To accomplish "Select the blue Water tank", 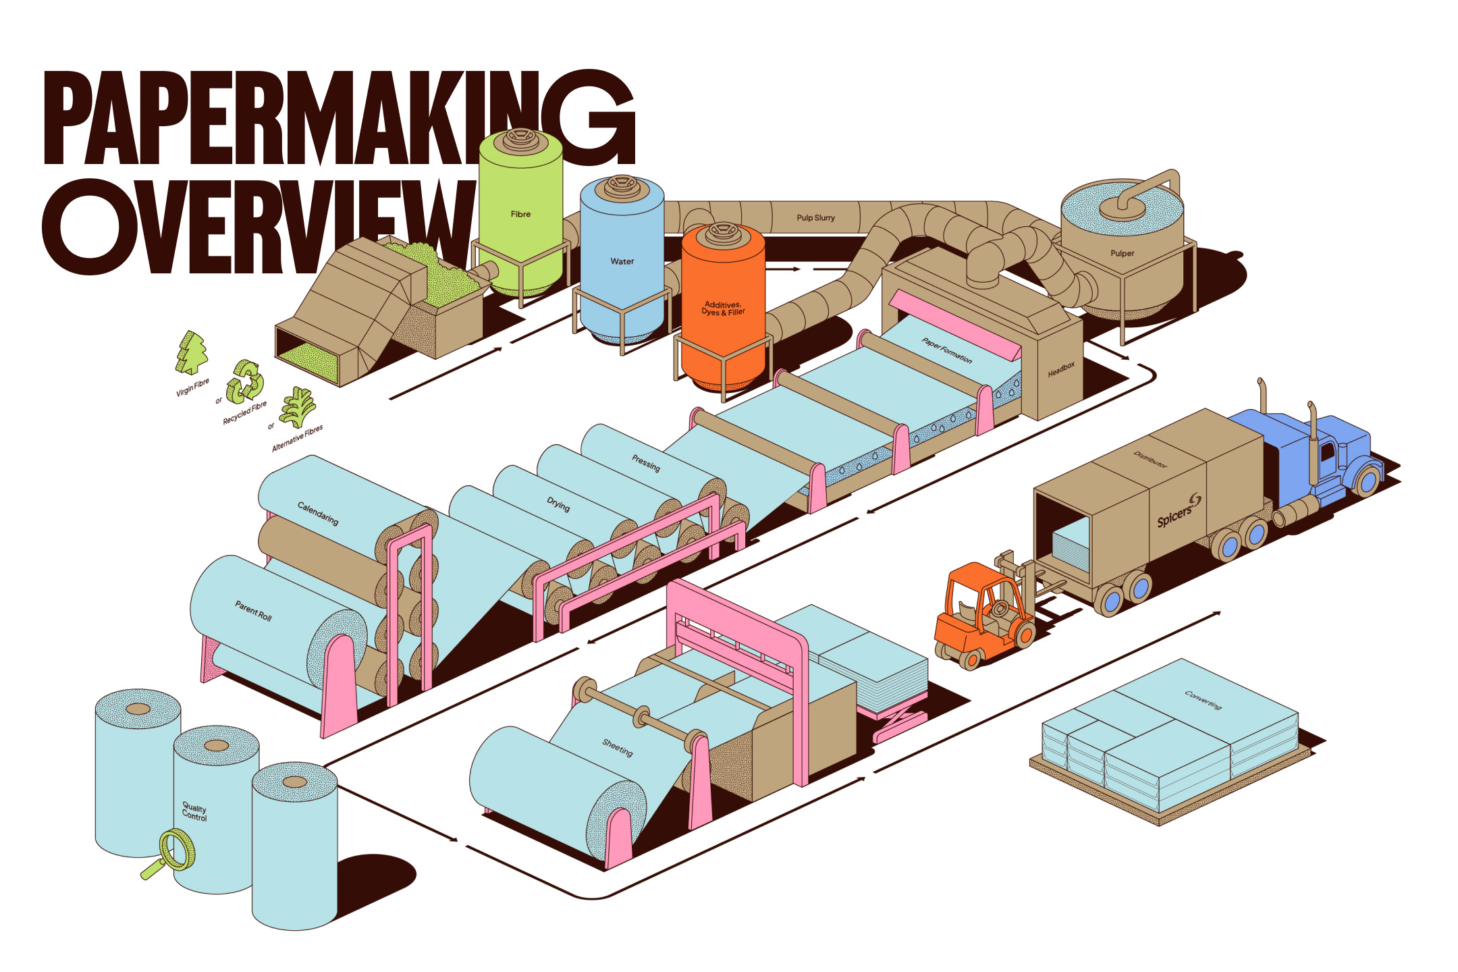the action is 622,260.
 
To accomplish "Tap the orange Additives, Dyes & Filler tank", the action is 723,307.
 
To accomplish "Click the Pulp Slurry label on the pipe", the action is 815,217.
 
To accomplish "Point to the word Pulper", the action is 1122,253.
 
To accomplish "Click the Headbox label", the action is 1060,369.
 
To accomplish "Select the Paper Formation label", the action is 947,350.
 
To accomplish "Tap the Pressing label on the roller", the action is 646,463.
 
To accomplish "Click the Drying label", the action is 558,504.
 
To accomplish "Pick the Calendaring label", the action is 318,514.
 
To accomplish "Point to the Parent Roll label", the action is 253,611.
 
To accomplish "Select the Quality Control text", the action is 194,811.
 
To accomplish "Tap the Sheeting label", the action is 618,747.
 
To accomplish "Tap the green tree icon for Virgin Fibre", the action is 192,352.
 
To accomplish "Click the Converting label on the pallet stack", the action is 1203,700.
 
